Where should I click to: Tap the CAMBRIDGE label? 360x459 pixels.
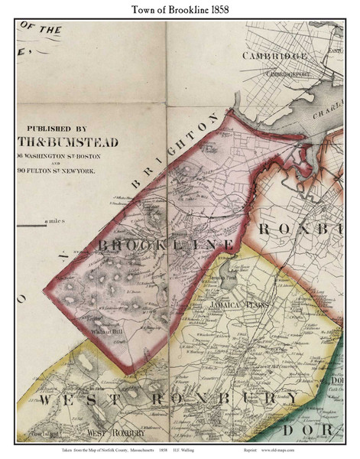tap(274, 56)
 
